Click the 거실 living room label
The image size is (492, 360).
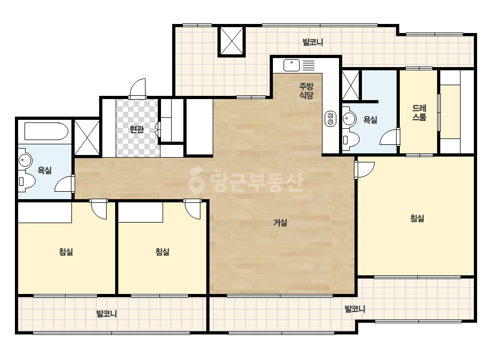coord(280,223)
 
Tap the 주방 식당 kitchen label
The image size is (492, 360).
coord(307,91)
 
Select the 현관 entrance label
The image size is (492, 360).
coord(137,129)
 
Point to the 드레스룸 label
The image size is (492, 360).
coord(419,113)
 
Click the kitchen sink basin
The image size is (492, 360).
coord(292,65)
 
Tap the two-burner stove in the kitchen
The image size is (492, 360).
coord(330,119)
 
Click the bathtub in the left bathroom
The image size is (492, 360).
coord(46,132)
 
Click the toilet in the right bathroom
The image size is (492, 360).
coord(351,139)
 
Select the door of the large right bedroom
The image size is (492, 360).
coord(365,170)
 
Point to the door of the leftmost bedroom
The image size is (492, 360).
coord(99,209)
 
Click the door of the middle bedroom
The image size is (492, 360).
coord(192,209)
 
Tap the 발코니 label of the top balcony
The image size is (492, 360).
coord(313,42)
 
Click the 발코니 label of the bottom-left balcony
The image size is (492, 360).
coord(107,314)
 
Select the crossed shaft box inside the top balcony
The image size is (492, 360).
coord(231,41)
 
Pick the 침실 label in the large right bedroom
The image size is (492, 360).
coord(417,218)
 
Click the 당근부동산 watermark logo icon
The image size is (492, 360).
coord(196,181)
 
